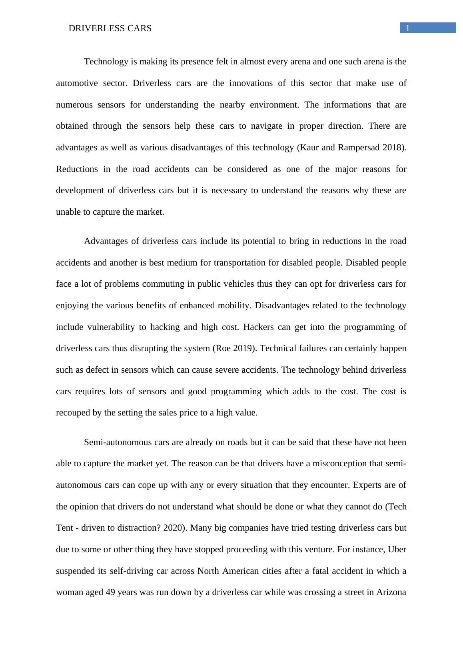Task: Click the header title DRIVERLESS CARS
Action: (x=110, y=28)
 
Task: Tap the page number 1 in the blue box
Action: (x=408, y=28)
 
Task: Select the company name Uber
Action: (x=397, y=549)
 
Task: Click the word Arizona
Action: (x=391, y=592)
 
